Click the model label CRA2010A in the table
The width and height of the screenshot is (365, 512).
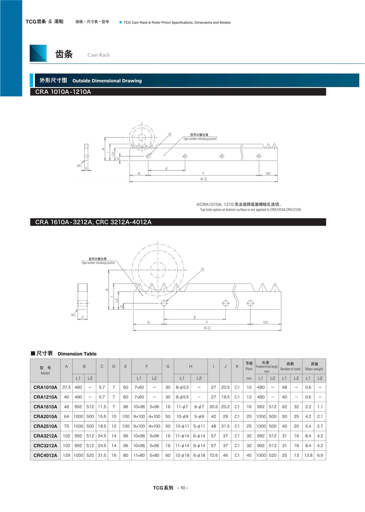point(45,416)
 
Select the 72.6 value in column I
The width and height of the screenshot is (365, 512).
point(213,455)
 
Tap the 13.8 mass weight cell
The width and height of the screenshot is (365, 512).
point(308,455)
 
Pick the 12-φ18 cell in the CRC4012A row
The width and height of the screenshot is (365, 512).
point(182,455)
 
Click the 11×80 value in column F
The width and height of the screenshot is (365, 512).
point(139,455)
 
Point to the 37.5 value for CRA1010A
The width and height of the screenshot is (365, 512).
point(67,387)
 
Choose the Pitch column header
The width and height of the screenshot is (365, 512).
point(249,366)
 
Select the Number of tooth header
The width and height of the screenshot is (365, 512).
point(290,366)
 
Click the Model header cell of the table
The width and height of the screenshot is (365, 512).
point(45,370)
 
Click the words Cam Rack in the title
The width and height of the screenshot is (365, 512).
point(99,55)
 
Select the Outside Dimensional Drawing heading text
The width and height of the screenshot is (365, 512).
point(107,81)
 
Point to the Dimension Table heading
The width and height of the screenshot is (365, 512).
point(77,354)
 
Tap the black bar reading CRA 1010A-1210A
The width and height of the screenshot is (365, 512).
point(178,92)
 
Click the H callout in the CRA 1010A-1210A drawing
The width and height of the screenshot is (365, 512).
point(170,134)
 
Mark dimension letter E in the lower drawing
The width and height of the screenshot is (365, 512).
point(195,317)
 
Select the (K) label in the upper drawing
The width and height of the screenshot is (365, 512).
point(79,166)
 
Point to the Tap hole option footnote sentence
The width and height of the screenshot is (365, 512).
point(251,210)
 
